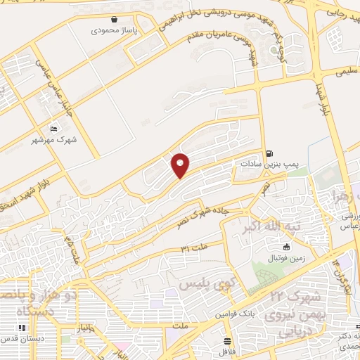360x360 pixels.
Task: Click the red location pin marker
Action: coord(181,165)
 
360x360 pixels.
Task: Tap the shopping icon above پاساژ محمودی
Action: coord(115,20)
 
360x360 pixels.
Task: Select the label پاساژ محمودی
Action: coord(115,31)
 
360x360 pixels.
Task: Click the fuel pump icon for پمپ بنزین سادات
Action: coord(270,153)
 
